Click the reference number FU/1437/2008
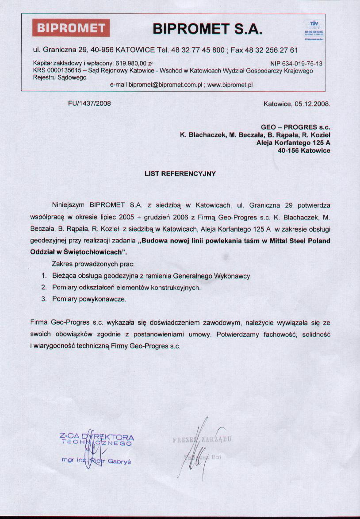point(89,104)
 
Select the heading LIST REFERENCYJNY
point(180,174)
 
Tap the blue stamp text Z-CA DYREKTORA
point(96,437)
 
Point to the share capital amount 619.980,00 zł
point(134,64)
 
